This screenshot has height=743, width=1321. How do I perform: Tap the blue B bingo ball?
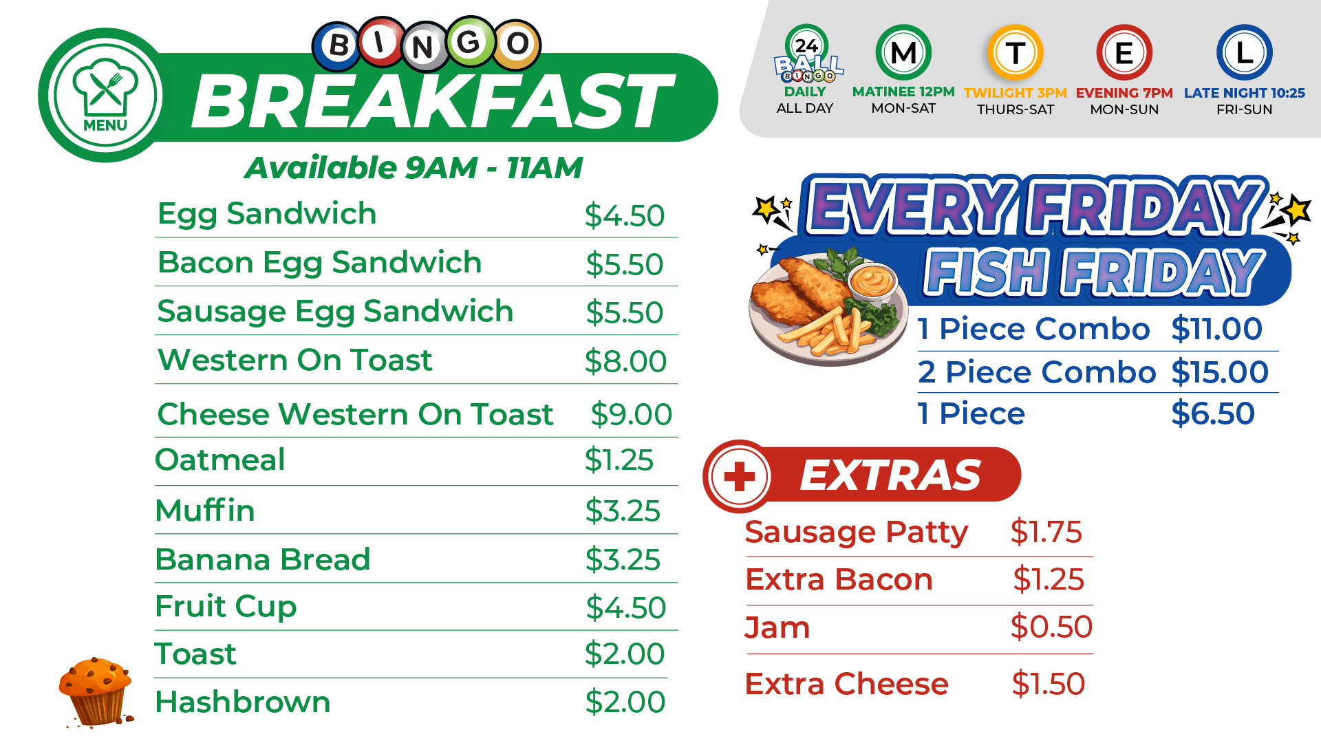point(338,46)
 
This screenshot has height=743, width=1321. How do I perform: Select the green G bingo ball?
point(469,43)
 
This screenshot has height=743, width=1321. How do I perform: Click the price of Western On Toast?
point(625,361)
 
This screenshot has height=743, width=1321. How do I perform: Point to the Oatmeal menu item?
point(220,460)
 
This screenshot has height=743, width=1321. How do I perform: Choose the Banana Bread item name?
point(263,559)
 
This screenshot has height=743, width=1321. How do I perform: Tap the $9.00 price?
point(631,414)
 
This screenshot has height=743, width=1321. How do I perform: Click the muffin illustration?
point(96,692)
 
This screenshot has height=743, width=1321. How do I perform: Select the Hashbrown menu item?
point(243,702)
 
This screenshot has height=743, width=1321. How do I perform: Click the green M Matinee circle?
point(903,52)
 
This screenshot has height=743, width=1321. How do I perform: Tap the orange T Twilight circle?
point(1015,52)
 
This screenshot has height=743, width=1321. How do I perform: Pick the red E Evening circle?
point(1124,52)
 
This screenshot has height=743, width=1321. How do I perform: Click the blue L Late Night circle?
point(1244,52)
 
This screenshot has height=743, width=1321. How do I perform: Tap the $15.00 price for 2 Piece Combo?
point(1220,372)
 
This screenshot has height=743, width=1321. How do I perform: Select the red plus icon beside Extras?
point(740,476)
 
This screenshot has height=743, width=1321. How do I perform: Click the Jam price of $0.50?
point(1051,627)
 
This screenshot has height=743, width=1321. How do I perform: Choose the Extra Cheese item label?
point(846,684)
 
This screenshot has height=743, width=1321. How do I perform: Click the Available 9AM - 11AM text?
point(414,168)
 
